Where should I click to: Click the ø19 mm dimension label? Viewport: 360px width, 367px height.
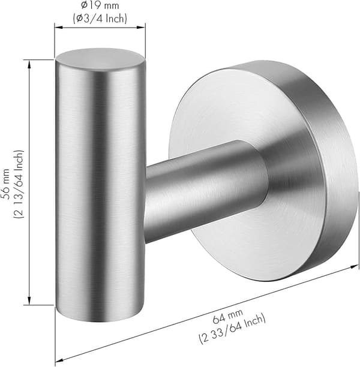pyautogui.click(x=100, y=5)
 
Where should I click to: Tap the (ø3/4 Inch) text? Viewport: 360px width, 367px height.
pyautogui.click(x=100, y=19)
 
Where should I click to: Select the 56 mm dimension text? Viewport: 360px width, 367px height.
pyautogui.click(x=6, y=184)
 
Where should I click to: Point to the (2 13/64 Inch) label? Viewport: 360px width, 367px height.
pyautogui.click(x=19, y=184)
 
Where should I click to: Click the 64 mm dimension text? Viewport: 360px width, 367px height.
pyautogui.click(x=228, y=316)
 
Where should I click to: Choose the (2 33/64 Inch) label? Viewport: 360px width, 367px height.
pyautogui.click(x=232, y=330)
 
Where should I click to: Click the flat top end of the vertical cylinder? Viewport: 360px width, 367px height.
pyautogui.click(x=99, y=59)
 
